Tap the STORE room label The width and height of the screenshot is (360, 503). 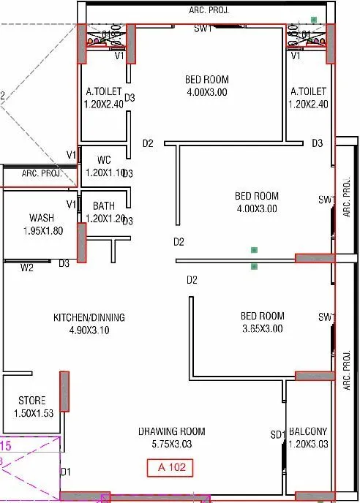point(31,401)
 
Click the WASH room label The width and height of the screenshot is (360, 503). point(41,218)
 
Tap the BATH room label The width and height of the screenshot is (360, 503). point(104,206)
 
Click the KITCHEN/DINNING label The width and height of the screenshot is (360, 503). point(89,317)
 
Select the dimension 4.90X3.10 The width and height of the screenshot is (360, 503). point(89,330)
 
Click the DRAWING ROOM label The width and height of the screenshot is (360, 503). point(171,431)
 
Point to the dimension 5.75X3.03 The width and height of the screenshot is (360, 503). point(171,444)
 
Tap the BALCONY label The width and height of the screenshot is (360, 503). point(308,431)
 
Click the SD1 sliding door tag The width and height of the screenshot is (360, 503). point(277,436)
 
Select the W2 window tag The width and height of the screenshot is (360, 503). point(27,268)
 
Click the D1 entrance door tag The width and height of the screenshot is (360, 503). point(65,472)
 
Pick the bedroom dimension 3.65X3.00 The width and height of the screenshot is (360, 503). point(263,329)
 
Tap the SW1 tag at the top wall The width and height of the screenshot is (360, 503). point(203,29)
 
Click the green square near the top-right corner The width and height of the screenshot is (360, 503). point(314,20)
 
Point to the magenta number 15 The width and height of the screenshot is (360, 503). point(5,445)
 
